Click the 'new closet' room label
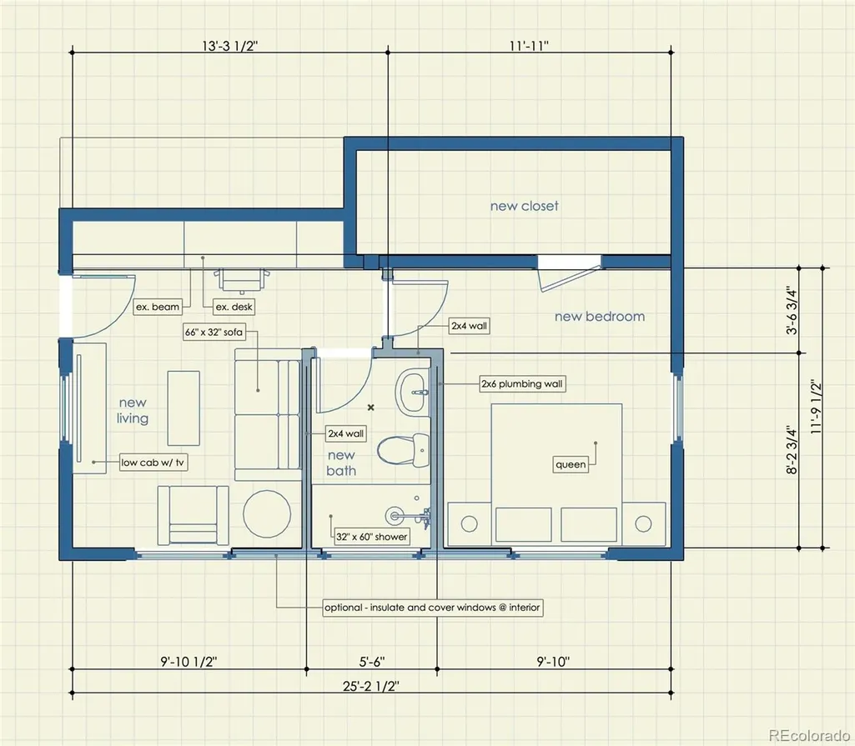tap(524, 206)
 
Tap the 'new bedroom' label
tap(599, 316)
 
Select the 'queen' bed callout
tap(571, 464)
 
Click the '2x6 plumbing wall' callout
tap(522, 383)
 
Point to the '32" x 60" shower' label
tap(371, 537)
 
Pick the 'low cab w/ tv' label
tap(153, 463)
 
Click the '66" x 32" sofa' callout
tap(214, 332)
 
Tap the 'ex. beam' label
tap(157, 307)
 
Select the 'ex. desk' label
tap(234, 307)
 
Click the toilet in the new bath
tap(404, 450)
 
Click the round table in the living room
tap(267, 513)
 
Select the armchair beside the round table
tap(193, 515)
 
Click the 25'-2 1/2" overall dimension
tap(371, 686)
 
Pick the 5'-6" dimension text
tap(372, 662)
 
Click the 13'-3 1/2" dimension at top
tap(229, 46)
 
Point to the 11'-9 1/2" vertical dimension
tap(817, 407)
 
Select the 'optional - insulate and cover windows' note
tap(432, 608)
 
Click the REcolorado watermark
tap(808, 735)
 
